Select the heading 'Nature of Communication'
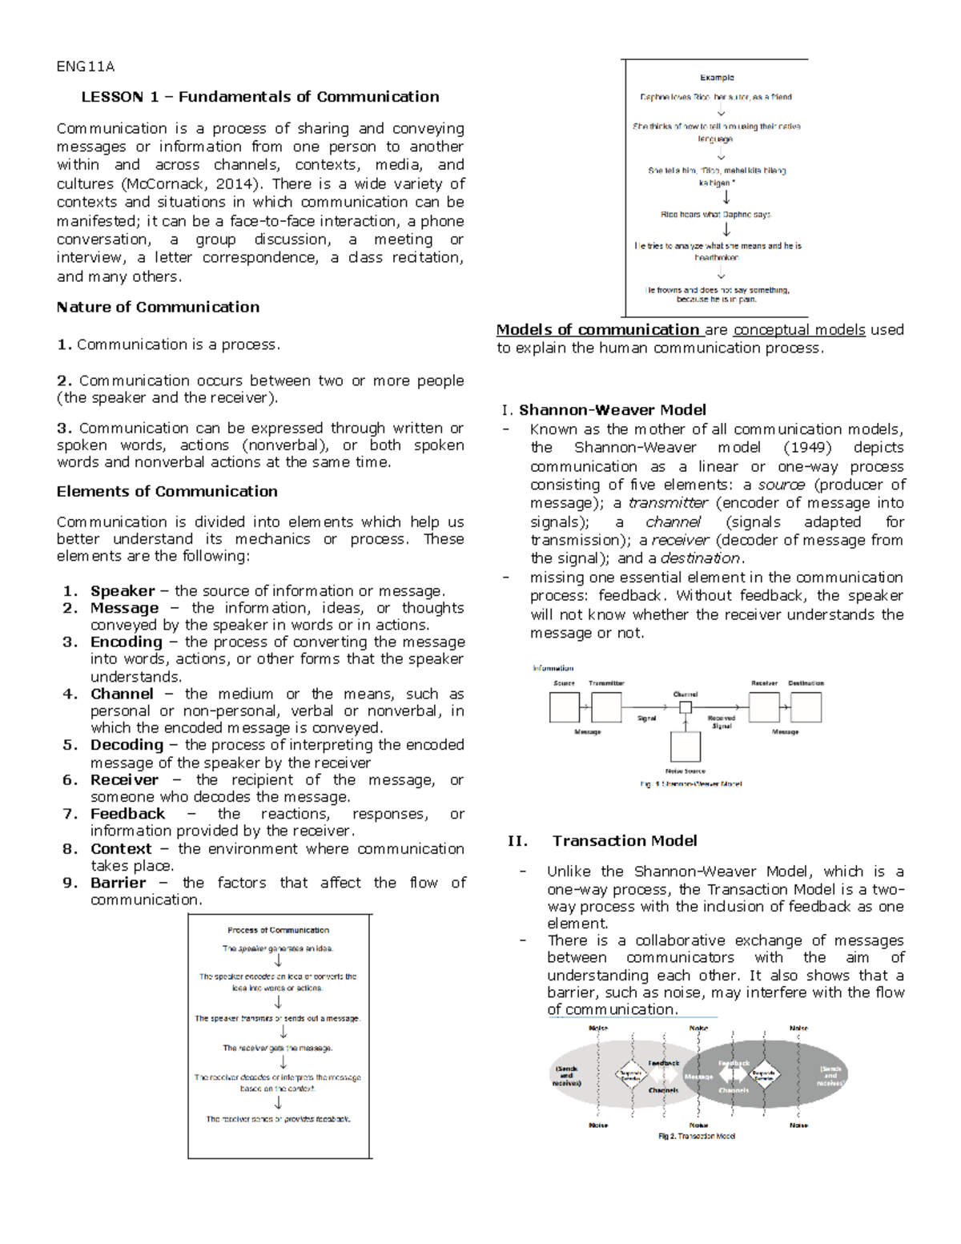tap(158, 307)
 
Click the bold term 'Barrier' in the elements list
tap(118, 883)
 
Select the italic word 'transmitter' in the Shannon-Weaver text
tap(668, 503)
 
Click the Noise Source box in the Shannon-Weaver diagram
tap(686, 747)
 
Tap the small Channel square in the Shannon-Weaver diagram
tap(686, 707)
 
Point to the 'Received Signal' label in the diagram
tap(721, 722)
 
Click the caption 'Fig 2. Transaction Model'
tap(696, 1136)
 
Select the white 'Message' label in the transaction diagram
tap(698, 1077)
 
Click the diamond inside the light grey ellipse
tap(630, 1075)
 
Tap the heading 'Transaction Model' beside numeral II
tap(624, 840)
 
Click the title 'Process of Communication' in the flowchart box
tap(278, 930)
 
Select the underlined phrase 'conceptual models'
tap(798, 329)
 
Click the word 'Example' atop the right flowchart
tap(717, 78)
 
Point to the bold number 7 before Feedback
tap(70, 814)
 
